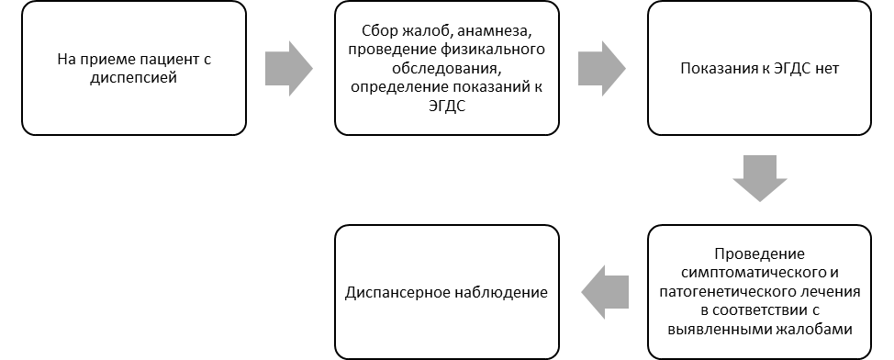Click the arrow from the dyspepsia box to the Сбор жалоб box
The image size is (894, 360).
(x=289, y=69)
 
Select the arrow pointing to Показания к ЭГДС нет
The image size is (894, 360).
(x=602, y=69)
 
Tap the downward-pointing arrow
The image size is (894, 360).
(x=759, y=178)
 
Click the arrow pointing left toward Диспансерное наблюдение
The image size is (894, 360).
(x=605, y=293)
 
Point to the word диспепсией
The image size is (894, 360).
(x=134, y=77)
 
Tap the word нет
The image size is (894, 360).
(x=825, y=69)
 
